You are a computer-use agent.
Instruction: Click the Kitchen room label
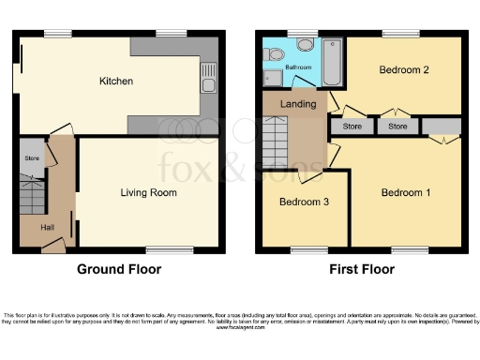(116, 82)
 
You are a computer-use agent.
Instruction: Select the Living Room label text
(149, 193)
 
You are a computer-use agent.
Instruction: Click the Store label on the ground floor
(31, 158)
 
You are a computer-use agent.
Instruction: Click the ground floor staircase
(32, 196)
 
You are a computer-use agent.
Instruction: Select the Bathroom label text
(298, 68)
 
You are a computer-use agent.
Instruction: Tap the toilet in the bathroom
(305, 44)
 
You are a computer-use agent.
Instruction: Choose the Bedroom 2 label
(404, 70)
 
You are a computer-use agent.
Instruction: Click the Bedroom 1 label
(406, 193)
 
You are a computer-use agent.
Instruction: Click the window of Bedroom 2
(400, 34)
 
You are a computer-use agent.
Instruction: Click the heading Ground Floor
(118, 270)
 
